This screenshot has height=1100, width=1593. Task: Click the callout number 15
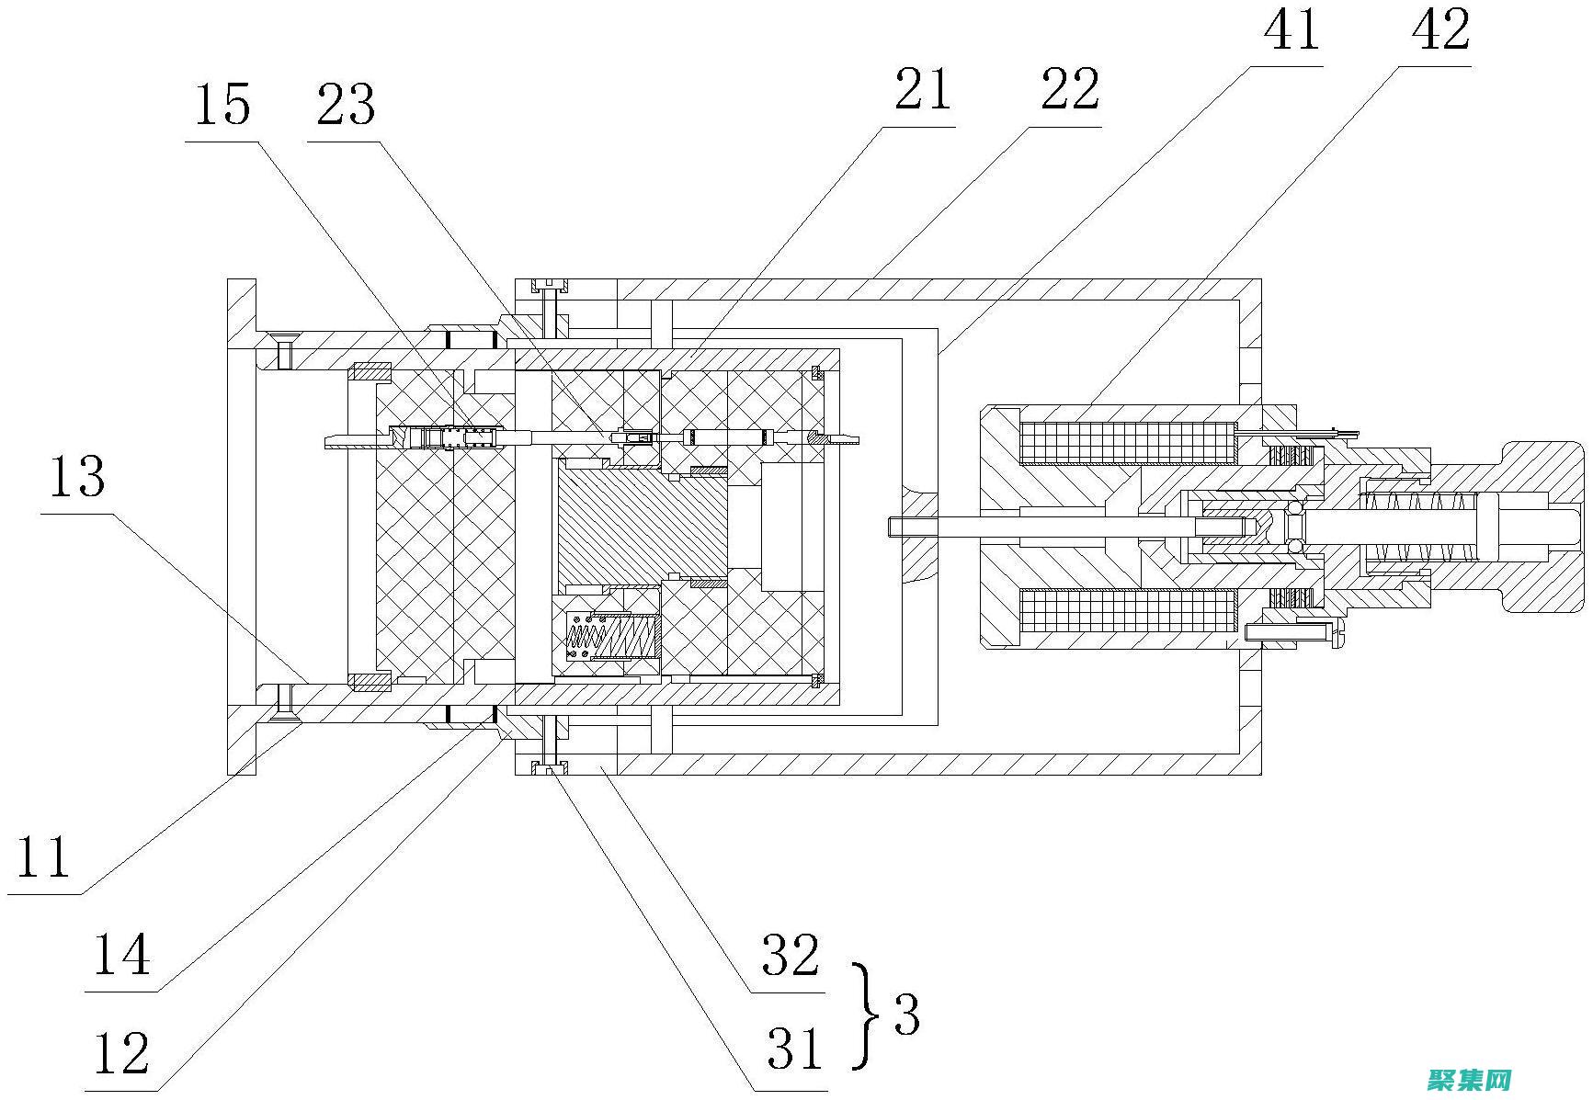(x=222, y=105)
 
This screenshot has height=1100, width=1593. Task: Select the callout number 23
(x=346, y=105)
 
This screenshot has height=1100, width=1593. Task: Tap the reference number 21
(x=922, y=91)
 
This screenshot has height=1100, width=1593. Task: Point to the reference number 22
(x=1069, y=91)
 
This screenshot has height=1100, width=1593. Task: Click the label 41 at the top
(x=1291, y=29)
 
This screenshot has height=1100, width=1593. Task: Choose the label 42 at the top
(x=1439, y=29)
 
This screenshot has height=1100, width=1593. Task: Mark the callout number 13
(x=76, y=478)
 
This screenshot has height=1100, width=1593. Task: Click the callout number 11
(x=43, y=857)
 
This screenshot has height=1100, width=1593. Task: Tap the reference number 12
(x=121, y=1053)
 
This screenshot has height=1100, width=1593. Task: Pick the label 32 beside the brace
(x=790, y=956)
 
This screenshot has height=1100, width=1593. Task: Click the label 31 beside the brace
(x=794, y=1049)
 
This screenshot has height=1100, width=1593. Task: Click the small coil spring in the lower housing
(x=612, y=636)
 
